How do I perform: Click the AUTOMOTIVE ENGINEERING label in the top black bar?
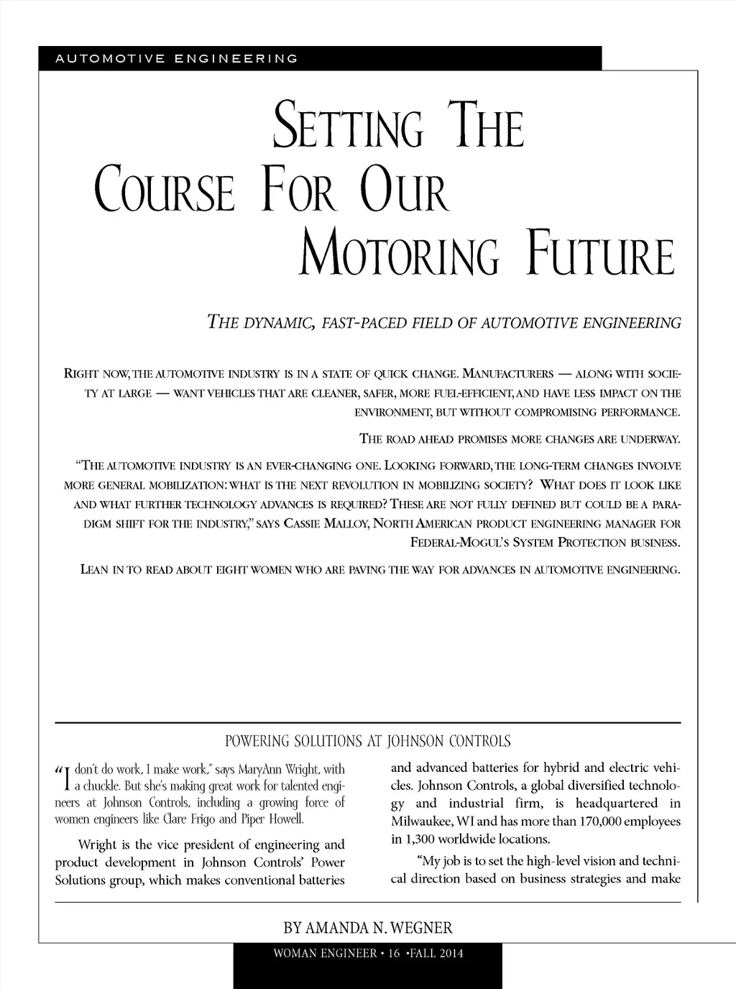click(x=176, y=58)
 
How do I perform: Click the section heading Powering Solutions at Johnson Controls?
click(x=368, y=741)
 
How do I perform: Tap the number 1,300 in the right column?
click(x=420, y=838)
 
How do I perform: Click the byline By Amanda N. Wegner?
click(x=368, y=927)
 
